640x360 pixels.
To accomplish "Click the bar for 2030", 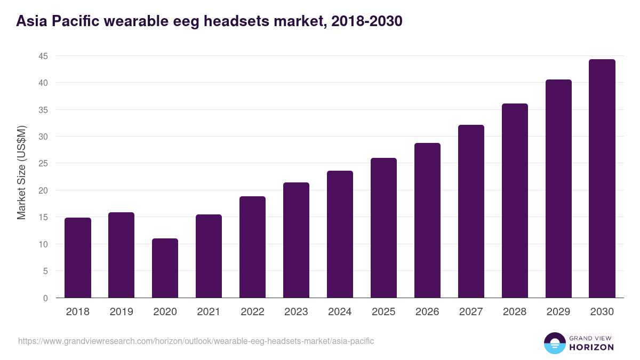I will click(602, 178).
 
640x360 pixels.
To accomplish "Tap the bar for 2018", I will click(78, 258).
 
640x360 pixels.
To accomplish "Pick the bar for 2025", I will click(383, 228).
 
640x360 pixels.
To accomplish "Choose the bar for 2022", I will click(252, 247).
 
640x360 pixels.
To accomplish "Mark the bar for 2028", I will click(515, 201).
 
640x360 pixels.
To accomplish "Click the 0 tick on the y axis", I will click(45, 298).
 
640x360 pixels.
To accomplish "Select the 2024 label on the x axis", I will click(340, 312).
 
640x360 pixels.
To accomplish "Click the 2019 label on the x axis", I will click(121, 312).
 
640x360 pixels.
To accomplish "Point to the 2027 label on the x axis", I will click(471, 312).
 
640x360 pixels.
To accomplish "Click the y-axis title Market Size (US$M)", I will click(21, 173).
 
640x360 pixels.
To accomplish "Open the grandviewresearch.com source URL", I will click(196, 341).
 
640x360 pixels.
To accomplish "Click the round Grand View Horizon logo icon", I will click(555, 343).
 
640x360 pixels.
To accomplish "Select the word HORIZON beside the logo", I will click(591, 347).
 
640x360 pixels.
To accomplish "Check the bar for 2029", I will click(558, 188).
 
